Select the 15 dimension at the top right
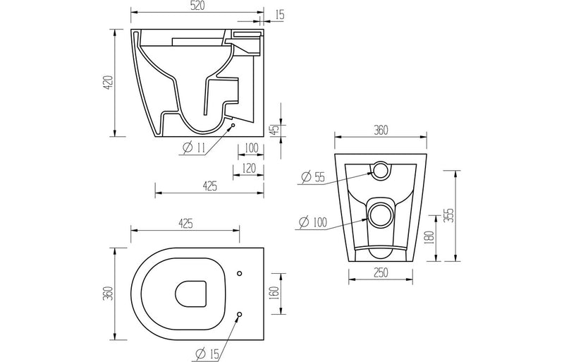coord(281,14)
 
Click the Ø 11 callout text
coord(193,147)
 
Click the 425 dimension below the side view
coord(209,186)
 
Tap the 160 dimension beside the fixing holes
coord(275,291)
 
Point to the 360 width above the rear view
coord(381,130)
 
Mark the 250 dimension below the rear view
coord(381,272)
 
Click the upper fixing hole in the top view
coord(240,273)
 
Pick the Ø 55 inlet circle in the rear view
coord(380,169)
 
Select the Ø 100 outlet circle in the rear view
coord(381,212)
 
